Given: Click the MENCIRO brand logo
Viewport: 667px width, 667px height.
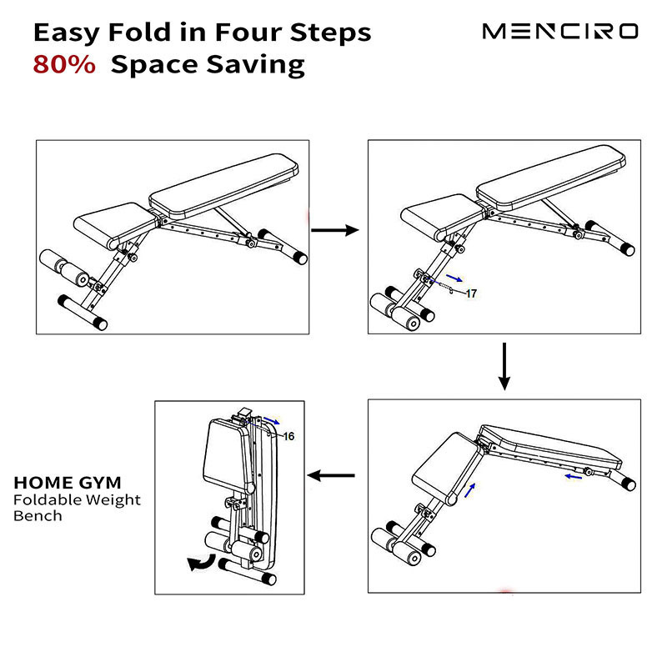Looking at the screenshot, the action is point(560,32).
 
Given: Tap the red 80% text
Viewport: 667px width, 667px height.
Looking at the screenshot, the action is point(64,65).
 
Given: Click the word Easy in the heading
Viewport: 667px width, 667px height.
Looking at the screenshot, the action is point(68,33).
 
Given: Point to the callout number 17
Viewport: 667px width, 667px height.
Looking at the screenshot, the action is point(471,293).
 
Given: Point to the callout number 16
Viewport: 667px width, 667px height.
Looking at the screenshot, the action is point(288,436).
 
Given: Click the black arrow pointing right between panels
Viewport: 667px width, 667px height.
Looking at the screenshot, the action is point(335,230).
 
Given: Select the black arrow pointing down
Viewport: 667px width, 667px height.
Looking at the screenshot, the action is point(504,366).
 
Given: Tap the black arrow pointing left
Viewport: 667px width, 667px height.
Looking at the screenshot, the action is point(331,475).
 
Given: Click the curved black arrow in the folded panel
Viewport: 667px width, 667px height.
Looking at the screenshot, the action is point(202,564).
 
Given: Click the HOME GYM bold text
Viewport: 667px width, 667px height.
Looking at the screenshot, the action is point(68,483).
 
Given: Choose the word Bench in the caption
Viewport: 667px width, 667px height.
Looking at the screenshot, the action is point(38,516).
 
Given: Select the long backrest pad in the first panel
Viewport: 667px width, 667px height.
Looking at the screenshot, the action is point(223,186).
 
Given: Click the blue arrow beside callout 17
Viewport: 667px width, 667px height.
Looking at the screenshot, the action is point(454,278).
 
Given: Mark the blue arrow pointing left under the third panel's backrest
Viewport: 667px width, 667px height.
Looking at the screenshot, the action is point(574,477).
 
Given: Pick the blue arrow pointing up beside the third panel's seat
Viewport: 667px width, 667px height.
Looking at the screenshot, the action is point(469,490).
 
